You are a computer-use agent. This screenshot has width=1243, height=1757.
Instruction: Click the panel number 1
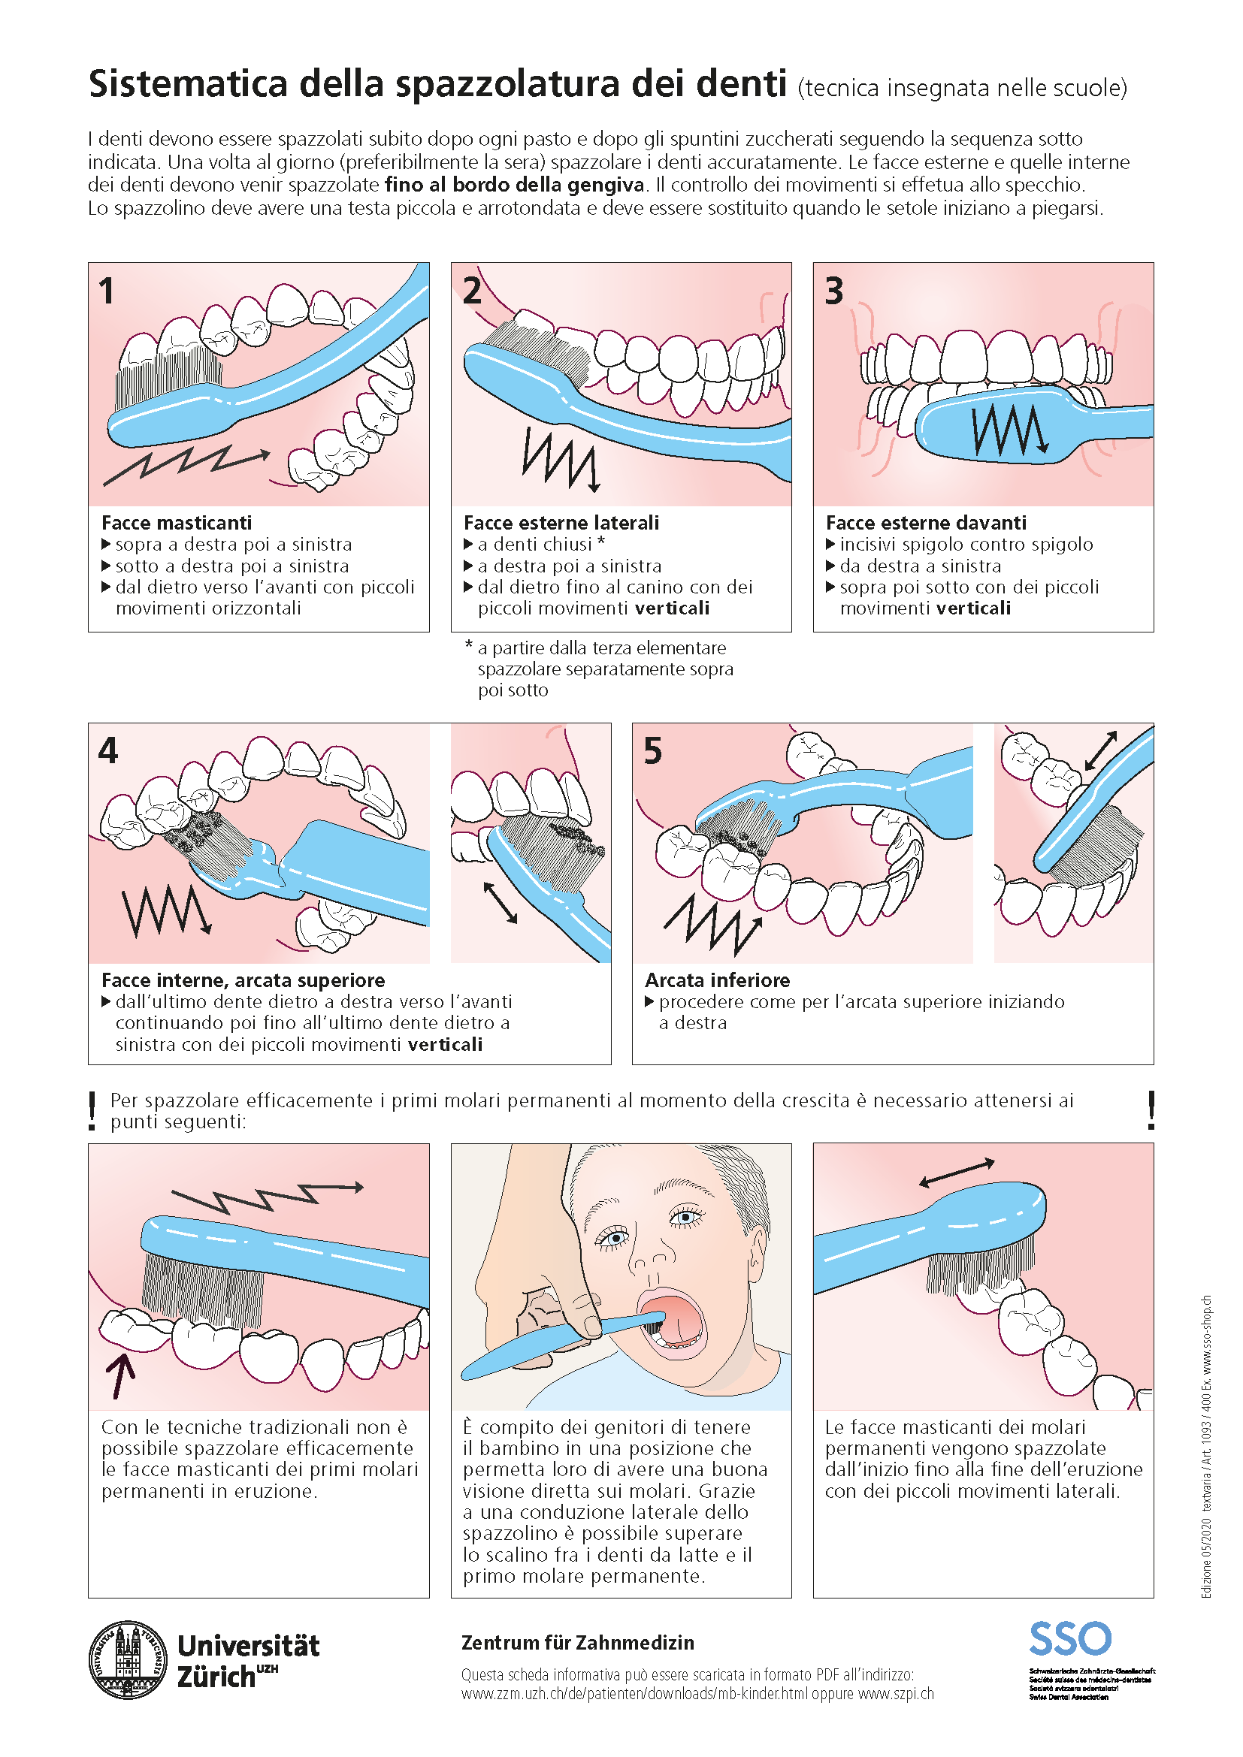tap(107, 291)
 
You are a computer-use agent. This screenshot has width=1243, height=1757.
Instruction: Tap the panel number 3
tap(833, 291)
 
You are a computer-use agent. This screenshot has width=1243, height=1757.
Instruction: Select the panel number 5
tap(652, 750)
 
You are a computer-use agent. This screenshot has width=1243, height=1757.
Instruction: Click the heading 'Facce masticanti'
tap(176, 523)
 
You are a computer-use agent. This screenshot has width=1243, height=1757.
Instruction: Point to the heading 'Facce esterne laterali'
tap(561, 523)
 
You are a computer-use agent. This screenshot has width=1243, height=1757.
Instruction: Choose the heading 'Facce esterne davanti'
tap(925, 523)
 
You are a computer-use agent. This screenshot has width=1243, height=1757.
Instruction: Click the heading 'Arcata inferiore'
tap(717, 980)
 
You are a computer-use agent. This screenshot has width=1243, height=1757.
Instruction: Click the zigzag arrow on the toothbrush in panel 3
tap(1009, 430)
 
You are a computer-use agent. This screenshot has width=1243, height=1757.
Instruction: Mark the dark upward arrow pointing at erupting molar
tap(120, 1375)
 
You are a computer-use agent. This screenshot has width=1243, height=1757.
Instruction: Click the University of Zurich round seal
tap(128, 1660)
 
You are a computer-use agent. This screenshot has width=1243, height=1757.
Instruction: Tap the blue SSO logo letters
tap(1069, 1639)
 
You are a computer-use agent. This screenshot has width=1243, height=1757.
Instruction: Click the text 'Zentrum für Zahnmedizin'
tap(577, 1643)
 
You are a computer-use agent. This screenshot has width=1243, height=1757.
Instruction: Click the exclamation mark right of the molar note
tap(1151, 1110)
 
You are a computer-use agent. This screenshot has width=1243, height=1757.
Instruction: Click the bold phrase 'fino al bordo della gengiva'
tap(514, 185)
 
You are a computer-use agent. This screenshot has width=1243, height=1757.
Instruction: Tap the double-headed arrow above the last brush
tap(956, 1173)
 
